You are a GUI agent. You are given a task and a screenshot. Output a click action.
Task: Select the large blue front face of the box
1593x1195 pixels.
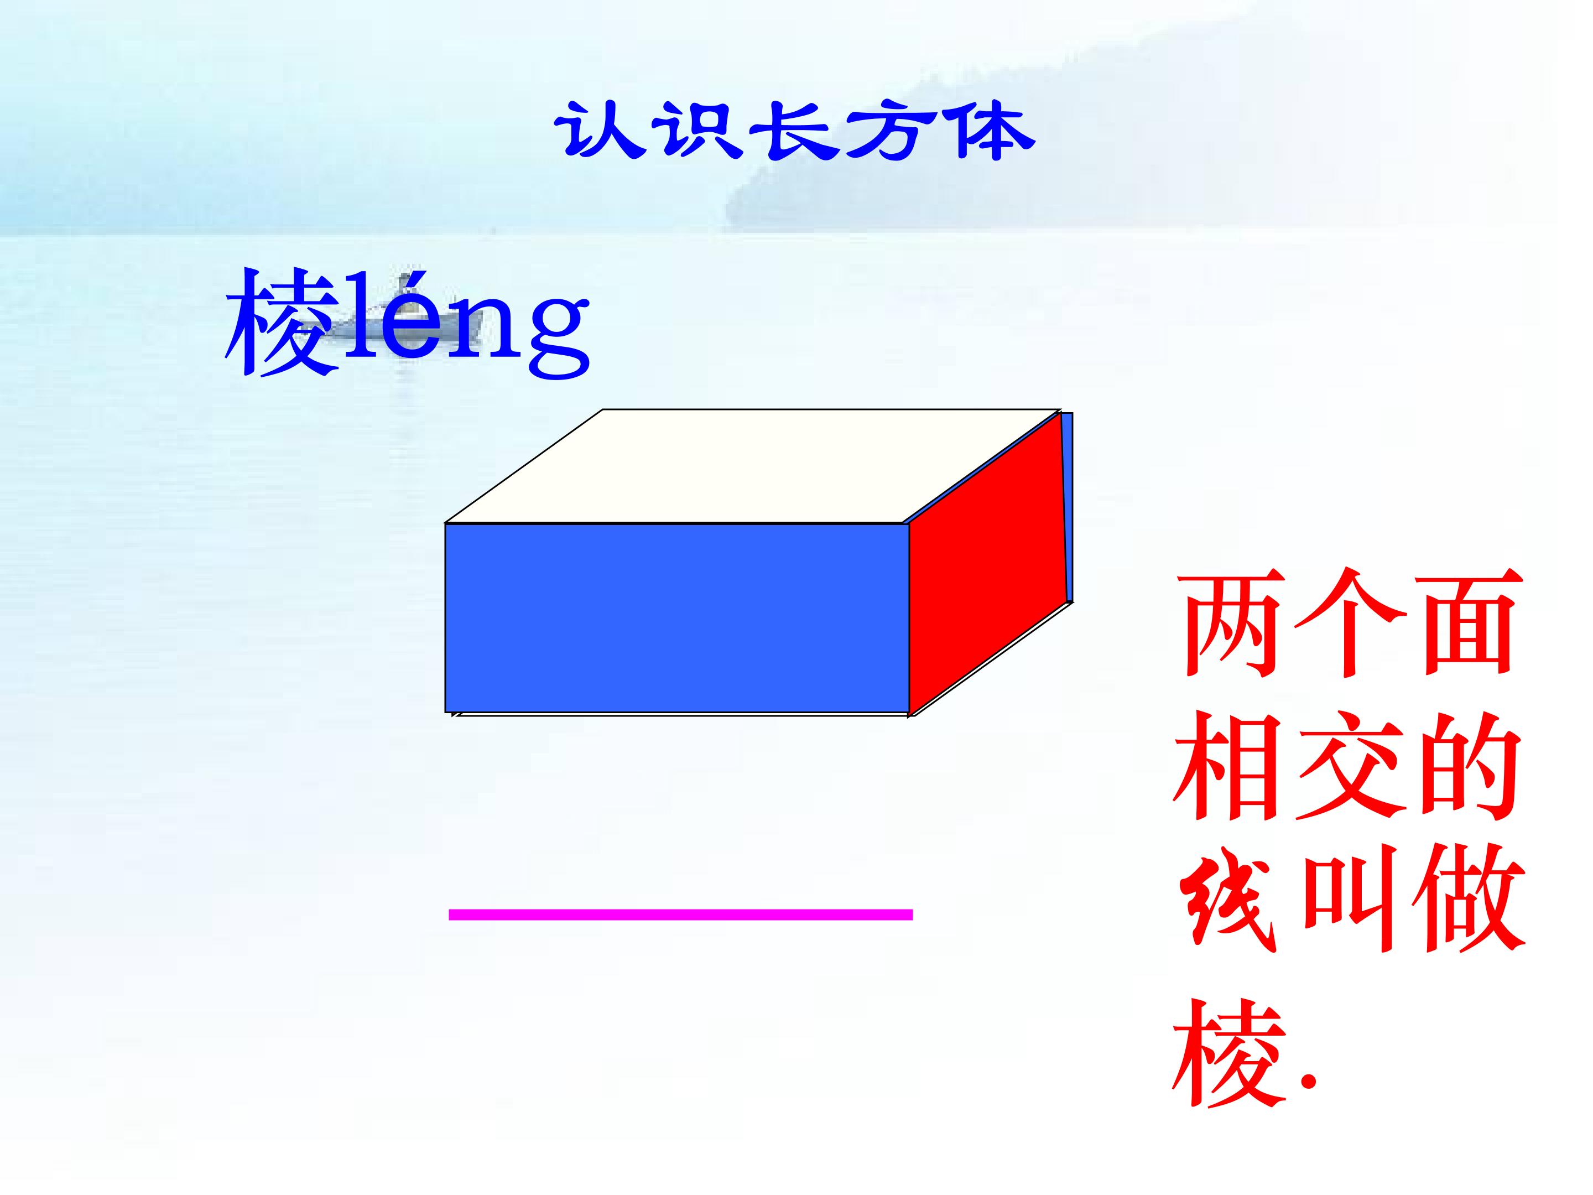pos(677,618)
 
